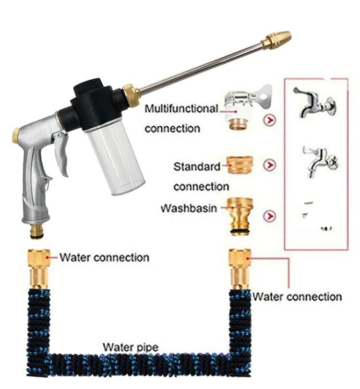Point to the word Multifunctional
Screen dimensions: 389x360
click(x=181, y=109)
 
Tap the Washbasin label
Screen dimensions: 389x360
click(x=188, y=209)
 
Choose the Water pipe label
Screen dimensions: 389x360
click(x=130, y=346)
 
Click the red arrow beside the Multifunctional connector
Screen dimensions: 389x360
click(x=270, y=120)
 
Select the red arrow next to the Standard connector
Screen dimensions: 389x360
click(x=270, y=165)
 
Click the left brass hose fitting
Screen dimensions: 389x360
click(x=38, y=268)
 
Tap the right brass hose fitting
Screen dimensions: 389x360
click(x=240, y=268)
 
